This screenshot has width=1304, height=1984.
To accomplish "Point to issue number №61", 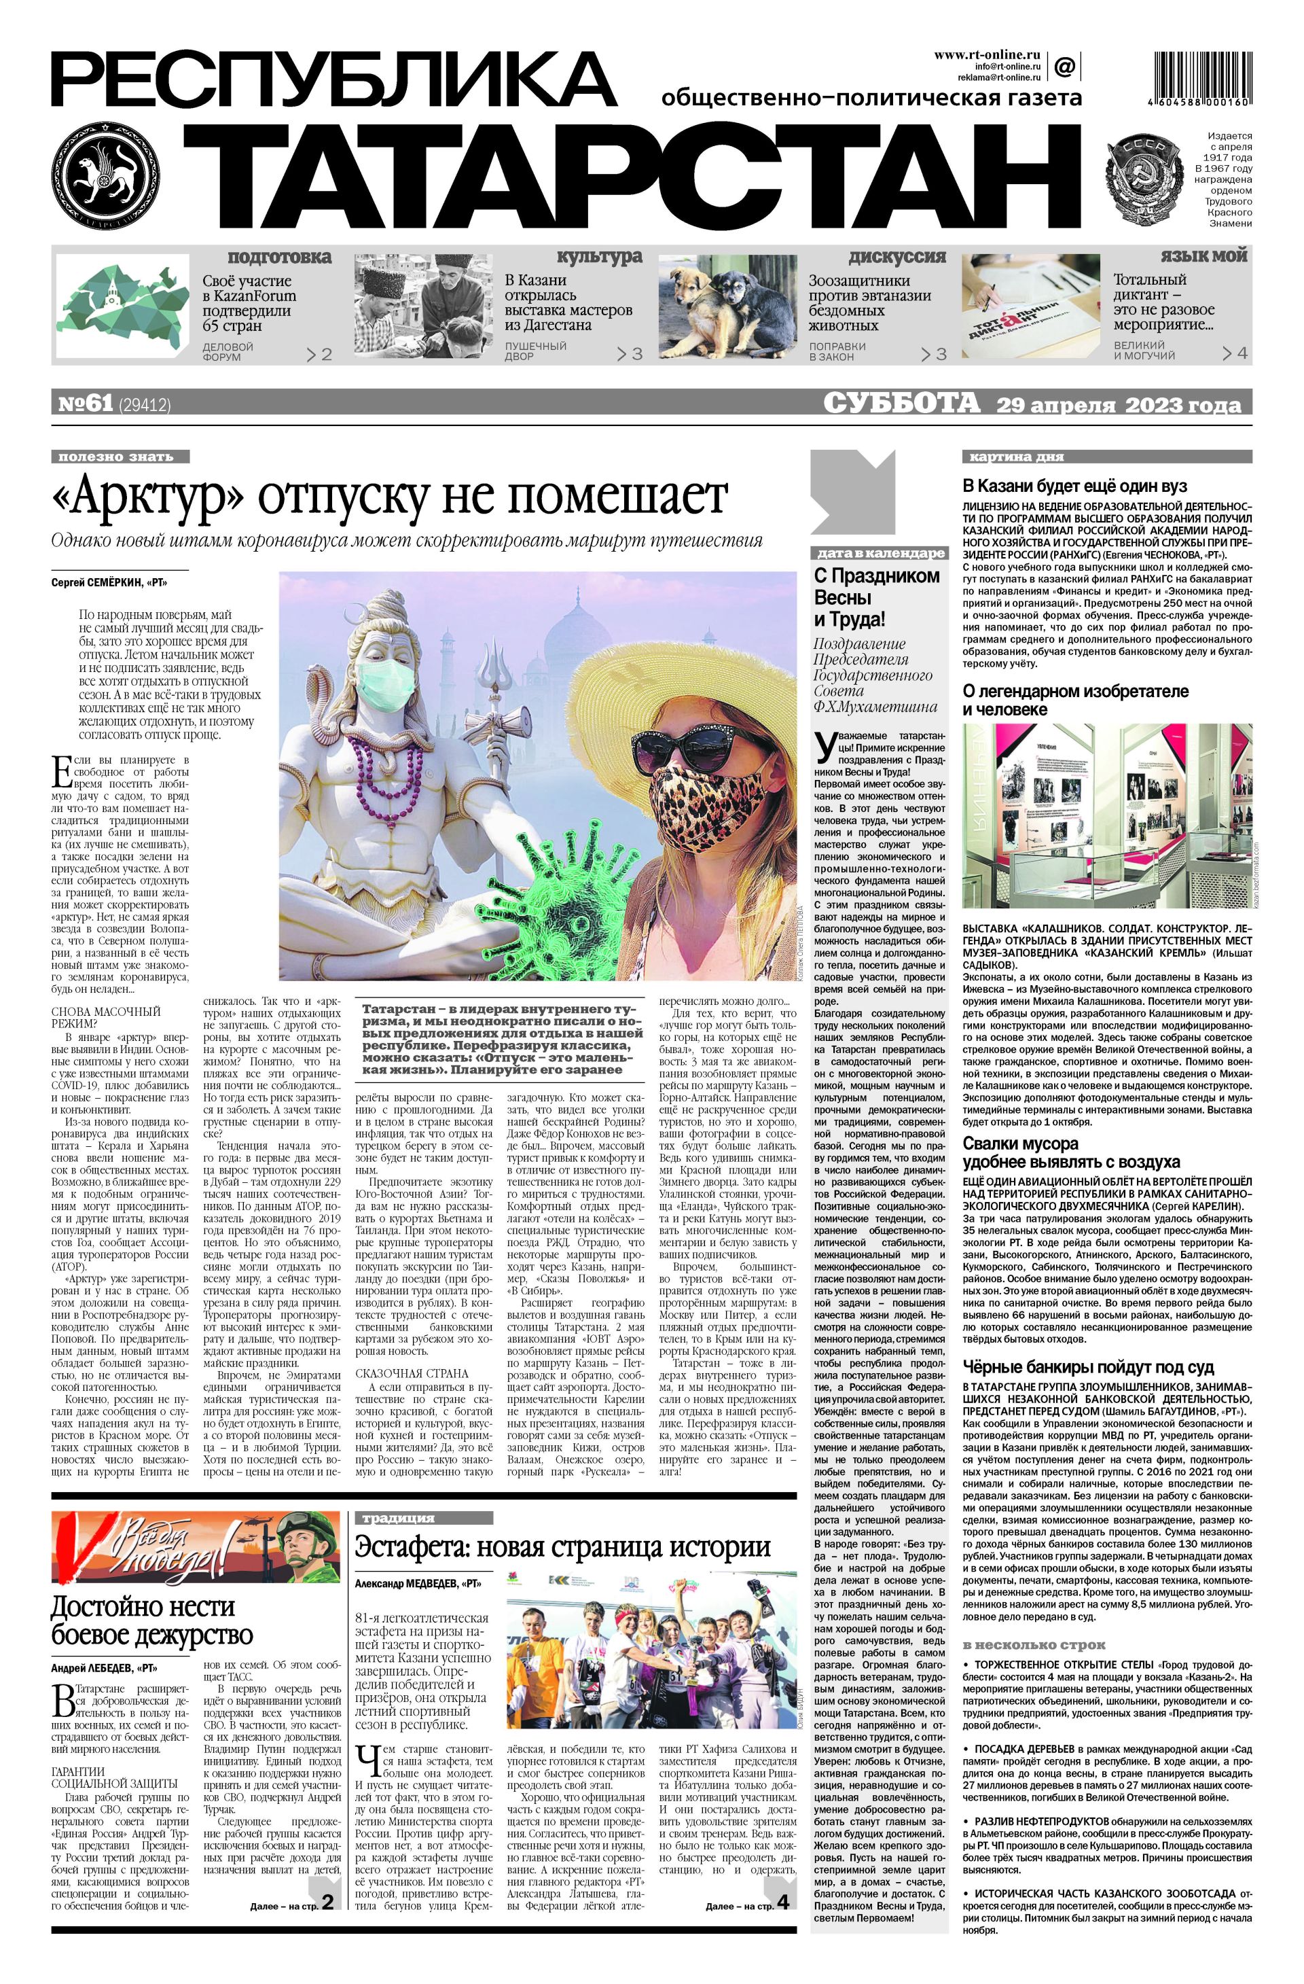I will tap(84, 404).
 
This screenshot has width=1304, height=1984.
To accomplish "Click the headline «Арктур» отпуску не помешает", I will tap(389, 497).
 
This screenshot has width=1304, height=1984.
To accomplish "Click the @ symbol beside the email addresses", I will tap(1064, 65).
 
